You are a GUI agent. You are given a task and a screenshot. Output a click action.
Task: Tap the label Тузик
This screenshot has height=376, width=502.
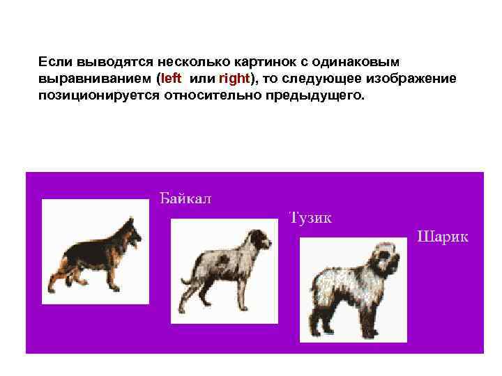[310, 217]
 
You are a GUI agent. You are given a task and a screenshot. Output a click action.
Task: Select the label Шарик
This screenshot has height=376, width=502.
[443, 236]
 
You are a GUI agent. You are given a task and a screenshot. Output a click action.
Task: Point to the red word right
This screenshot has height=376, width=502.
[234, 78]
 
